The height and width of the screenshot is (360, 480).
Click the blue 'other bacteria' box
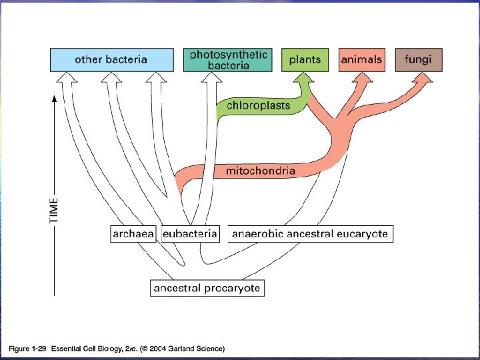coord(111,60)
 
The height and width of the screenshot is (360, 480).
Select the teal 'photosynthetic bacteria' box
coord(228,60)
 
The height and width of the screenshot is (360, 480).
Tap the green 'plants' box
coord(305,60)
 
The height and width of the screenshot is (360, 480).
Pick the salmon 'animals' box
coord(361,60)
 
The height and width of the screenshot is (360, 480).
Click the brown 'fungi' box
coord(418,60)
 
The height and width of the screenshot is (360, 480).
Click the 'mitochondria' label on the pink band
coord(260,171)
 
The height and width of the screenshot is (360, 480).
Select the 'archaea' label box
coord(133,234)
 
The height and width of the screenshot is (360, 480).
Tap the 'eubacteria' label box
coord(191,234)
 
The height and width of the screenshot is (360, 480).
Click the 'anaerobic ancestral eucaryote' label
coord(309,234)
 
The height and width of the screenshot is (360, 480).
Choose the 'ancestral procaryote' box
coord(207,288)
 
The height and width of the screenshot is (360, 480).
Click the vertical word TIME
coord(54,209)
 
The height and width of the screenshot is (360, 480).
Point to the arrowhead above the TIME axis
coord(54,101)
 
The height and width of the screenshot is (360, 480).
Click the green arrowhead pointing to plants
coord(303,81)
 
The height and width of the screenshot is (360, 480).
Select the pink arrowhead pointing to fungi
coord(421,80)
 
